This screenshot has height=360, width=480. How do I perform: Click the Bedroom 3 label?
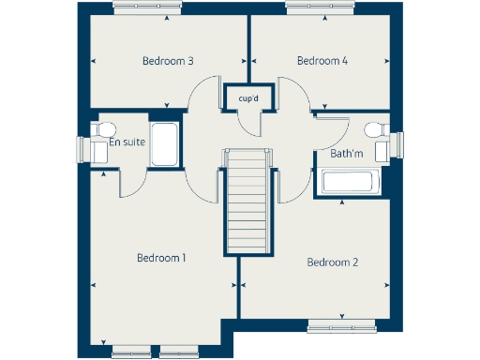point(168,61)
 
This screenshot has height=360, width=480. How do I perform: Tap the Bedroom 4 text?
point(322,61)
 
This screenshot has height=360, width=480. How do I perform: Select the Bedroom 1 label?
point(161,257)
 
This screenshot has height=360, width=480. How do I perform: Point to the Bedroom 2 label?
point(333,262)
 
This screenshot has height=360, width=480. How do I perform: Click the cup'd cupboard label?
point(248,97)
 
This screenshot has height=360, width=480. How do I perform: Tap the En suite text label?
point(127,142)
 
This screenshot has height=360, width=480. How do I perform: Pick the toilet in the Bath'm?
point(375,129)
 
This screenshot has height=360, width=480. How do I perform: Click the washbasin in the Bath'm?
point(382,150)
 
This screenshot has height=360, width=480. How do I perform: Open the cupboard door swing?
point(250,120)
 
